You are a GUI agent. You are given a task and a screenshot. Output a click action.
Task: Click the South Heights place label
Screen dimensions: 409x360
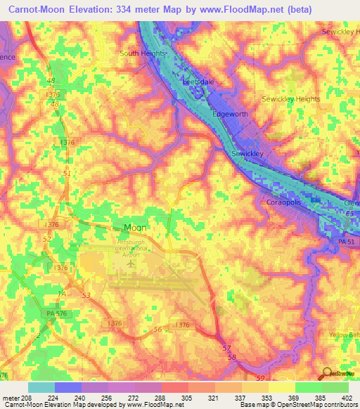[143, 53]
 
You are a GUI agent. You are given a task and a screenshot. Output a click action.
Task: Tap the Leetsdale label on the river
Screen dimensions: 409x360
[198, 82]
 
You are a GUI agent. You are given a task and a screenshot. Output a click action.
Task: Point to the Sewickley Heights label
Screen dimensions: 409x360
[290, 99]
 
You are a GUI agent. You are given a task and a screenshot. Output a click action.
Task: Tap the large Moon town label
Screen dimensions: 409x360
[135, 228]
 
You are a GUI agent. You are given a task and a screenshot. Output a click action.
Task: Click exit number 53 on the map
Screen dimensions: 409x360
[86, 296]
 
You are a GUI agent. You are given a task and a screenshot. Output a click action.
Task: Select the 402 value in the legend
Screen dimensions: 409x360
[344, 397]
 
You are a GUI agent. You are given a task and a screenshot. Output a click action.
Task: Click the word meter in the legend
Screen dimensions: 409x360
[11, 397]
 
